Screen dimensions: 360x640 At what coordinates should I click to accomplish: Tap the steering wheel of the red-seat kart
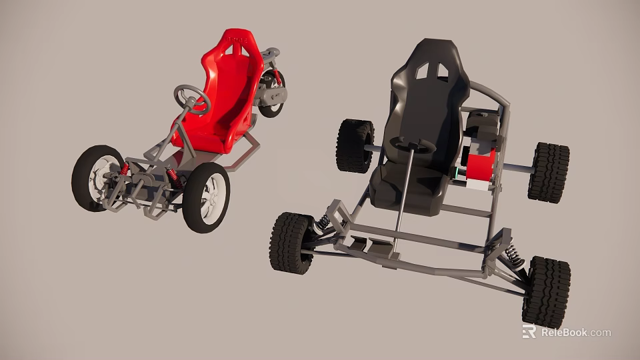(192, 100)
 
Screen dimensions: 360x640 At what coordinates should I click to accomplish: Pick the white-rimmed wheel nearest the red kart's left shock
(97, 178)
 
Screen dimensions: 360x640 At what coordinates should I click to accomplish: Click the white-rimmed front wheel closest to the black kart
(207, 197)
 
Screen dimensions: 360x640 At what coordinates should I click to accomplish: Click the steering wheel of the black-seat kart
(412, 145)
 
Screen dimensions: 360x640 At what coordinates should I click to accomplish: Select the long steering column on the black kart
(403, 200)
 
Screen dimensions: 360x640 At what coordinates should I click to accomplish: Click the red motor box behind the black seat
(481, 165)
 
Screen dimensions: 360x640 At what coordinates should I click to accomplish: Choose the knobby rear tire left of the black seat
(355, 146)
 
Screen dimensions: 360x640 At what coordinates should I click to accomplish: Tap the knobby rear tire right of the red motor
(549, 172)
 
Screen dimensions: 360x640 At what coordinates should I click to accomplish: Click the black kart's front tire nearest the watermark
(546, 291)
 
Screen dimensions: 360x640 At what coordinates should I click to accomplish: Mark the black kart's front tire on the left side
(291, 243)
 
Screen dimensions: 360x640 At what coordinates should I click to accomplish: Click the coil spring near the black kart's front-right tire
(514, 256)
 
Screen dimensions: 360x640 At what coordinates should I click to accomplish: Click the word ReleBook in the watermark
(564, 332)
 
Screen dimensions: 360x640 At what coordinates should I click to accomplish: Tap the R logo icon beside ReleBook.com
(529, 331)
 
